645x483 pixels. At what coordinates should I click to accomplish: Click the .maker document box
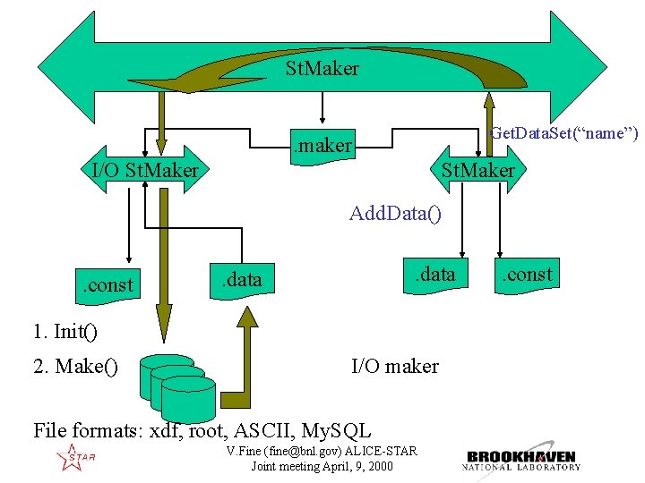coord(322,147)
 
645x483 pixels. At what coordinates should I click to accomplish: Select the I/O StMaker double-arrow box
coord(145,170)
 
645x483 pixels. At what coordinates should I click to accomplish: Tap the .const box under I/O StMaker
coord(107,286)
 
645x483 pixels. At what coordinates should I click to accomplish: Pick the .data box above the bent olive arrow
coord(242,282)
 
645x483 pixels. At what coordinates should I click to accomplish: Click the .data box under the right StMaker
coord(435,275)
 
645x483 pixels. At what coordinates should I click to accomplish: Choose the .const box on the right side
coord(527,275)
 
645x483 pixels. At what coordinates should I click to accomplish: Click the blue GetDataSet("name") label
coord(564,133)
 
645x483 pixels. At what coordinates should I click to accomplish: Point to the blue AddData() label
coord(395,214)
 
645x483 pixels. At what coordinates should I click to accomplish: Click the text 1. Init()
coord(65,331)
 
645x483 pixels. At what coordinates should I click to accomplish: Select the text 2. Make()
coord(75,366)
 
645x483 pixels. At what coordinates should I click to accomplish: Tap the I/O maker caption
coord(395,366)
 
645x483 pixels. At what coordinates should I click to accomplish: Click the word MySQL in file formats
coord(336,431)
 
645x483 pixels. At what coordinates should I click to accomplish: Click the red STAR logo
coord(75,457)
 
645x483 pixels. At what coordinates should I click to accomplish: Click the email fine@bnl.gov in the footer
coord(305,452)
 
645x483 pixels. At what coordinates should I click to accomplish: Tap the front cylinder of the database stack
coord(188,400)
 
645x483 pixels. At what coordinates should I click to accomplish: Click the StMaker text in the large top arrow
coord(322,68)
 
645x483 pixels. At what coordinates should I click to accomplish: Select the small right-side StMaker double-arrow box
coord(478,169)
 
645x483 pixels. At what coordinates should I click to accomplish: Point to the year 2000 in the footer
coord(381,467)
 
